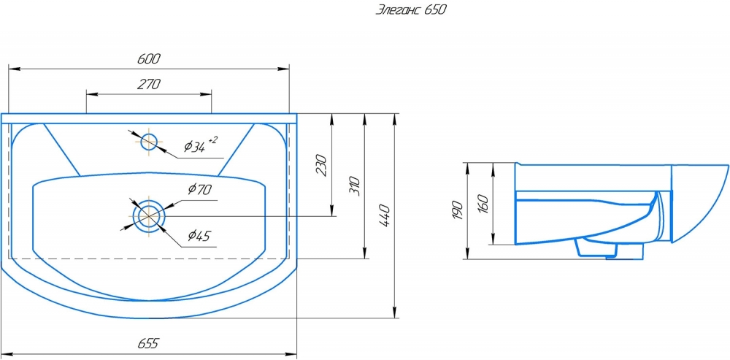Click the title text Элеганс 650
(410, 10)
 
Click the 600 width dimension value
(149, 58)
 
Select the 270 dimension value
(149, 84)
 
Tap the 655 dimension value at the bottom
(148, 344)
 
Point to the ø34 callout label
(195, 148)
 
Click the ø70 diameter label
(200, 189)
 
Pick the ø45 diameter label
(199, 236)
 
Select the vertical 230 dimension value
(322, 164)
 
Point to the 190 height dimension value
(457, 210)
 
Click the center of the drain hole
(149, 216)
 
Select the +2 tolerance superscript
(212, 139)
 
